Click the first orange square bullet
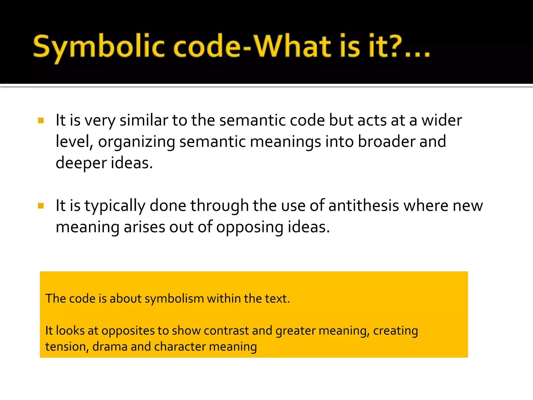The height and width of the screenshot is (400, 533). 41,121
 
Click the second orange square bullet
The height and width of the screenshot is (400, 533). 41,206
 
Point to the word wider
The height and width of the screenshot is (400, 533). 442,120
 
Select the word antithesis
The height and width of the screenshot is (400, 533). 364,206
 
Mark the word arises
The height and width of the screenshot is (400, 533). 144,227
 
